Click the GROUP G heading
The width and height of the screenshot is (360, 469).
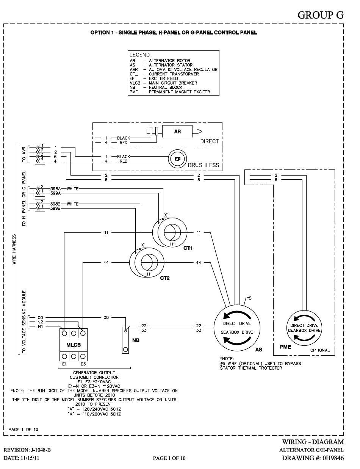320,15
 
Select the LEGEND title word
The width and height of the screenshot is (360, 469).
139,55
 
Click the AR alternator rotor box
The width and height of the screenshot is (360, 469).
178,132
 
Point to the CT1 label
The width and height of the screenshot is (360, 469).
188,249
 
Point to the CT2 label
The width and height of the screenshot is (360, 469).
164,278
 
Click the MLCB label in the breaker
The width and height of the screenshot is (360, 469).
73,345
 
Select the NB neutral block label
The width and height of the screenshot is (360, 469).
136,340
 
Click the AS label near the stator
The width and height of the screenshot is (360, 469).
258,350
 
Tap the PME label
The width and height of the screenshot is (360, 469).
285,347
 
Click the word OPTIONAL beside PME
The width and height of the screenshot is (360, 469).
320,350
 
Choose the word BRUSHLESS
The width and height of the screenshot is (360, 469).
203,165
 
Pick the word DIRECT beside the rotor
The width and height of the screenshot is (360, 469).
210,141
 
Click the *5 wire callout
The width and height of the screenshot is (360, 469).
249,298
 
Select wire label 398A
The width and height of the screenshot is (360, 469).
56,188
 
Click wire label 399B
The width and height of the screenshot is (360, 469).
56,209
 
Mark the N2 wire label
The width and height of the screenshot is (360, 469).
41,322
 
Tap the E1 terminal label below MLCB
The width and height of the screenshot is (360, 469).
64,364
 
